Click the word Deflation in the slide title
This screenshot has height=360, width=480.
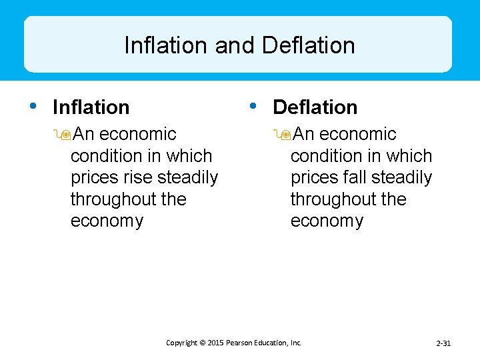pos(309,45)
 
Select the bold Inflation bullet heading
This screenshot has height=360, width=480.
pos(91,107)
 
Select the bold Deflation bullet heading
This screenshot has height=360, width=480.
pos(315,107)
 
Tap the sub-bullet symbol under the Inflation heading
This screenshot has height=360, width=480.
pos(64,135)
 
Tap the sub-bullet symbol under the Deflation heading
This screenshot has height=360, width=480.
pos(284,135)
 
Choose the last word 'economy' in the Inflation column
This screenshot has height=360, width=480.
pos(107,221)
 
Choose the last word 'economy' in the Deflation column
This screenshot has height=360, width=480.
pos(327,221)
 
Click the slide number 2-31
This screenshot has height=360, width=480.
pos(443,343)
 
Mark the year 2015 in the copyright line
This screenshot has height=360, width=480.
pos(215,343)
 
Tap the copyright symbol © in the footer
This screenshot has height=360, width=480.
pos(201,343)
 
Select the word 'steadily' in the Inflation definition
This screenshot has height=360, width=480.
pos(188,178)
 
